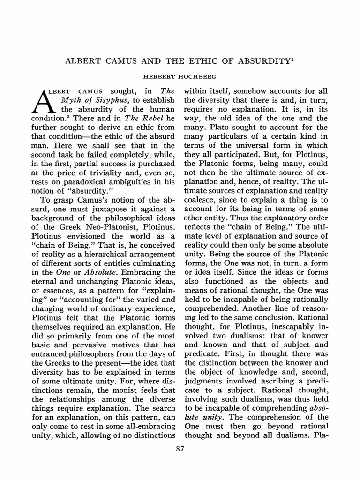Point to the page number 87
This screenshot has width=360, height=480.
pyautogui.click(x=180, y=449)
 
